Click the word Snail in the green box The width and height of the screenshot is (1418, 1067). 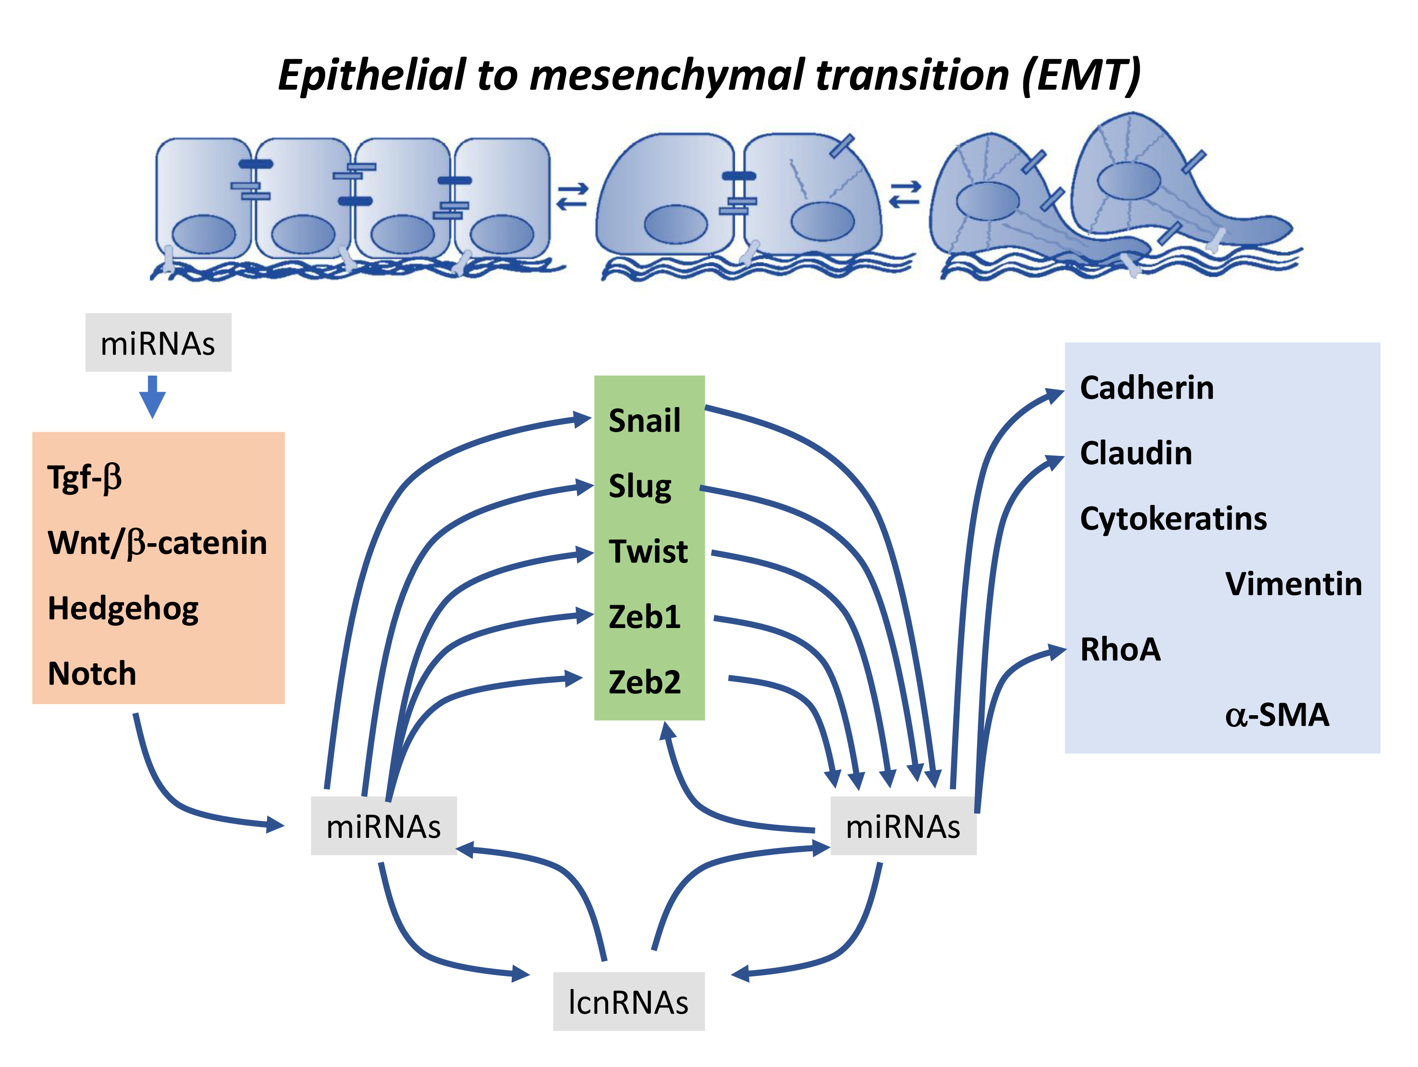point(644,421)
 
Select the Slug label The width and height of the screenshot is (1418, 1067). point(640,487)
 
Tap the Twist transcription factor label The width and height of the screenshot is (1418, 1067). point(648,552)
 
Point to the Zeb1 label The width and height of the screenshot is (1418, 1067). point(644,617)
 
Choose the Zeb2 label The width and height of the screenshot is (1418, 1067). point(644,682)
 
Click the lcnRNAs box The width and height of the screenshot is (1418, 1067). point(628,1002)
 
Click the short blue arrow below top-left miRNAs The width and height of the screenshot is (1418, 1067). point(153,397)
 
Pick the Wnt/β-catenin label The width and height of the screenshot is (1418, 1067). point(157,543)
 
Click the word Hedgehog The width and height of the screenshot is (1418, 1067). point(123,609)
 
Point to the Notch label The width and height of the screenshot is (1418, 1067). point(92,674)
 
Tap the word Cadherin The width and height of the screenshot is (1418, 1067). point(1146,388)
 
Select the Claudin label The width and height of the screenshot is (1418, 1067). point(1135,454)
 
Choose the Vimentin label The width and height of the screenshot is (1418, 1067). point(1293,584)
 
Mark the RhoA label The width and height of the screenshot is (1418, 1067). point(1120,650)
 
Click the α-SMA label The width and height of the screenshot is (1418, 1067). point(1276,715)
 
